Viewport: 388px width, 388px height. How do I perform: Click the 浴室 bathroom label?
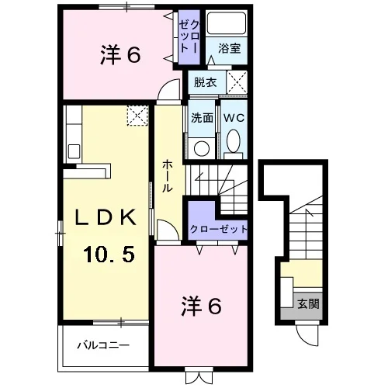(x=230, y=48)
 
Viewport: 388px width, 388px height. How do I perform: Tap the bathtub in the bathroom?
(x=227, y=23)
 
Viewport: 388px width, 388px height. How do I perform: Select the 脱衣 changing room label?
(x=206, y=82)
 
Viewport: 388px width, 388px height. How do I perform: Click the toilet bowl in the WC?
(x=234, y=141)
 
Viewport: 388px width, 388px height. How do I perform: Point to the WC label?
(x=234, y=118)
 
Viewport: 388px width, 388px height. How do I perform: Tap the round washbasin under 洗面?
(x=202, y=148)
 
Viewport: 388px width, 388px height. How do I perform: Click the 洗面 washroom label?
(x=202, y=118)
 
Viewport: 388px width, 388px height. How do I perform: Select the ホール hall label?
(x=168, y=176)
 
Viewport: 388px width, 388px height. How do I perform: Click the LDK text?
(x=106, y=217)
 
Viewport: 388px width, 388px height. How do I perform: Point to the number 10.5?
(x=109, y=254)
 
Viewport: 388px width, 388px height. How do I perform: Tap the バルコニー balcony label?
(x=103, y=345)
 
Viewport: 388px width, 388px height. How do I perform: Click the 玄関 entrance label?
(x=308, y=303)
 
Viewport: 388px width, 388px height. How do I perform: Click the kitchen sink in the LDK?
(x=74, y=151)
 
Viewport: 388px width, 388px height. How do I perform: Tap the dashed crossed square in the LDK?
(x=137, y=116)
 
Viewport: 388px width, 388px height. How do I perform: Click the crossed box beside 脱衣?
(x=237, y=82)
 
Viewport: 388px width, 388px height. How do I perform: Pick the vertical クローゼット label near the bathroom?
(x=189, y=36)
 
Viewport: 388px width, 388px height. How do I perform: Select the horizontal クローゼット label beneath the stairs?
(x=219, y=229)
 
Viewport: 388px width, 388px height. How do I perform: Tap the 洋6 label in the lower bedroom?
(x=202, y=306)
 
